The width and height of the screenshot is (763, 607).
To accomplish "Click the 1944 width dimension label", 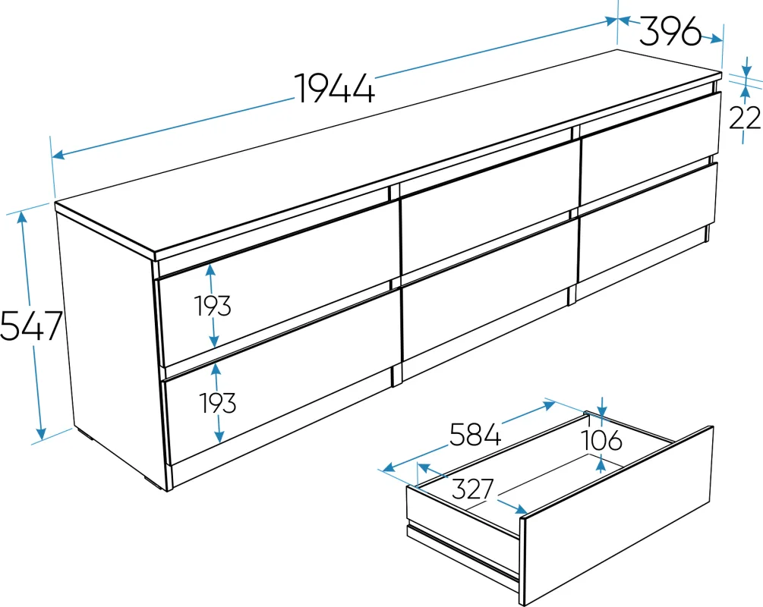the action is (x=336, y=89).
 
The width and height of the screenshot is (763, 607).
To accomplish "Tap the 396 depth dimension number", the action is (x=670, y=31).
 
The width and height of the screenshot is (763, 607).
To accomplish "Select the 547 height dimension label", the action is (x=31, y=325).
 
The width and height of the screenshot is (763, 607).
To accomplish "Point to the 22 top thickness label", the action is (x=745, y=118).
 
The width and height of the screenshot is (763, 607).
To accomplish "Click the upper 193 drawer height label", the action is (x=213, y=306).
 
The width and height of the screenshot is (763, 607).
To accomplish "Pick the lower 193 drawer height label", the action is (x=218, y=403).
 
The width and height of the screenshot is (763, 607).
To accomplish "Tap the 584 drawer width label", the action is (x=475, y=434).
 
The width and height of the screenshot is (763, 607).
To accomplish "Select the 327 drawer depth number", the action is (x=472, y=489).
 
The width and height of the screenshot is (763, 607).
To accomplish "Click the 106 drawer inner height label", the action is (x=602, y=440).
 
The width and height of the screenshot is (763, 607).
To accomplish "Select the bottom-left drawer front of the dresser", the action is (x=282, y=379).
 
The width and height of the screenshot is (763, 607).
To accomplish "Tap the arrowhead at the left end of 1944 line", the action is (x=58, y=155).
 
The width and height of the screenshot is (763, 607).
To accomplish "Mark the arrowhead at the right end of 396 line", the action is (x=716, y=39).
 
